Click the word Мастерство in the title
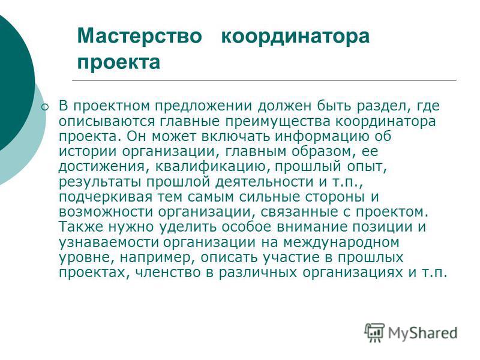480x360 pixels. click(x=140, y=35)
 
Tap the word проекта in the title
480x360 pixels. click(x=119, y=63)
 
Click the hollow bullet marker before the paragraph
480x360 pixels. click(x=45, y=107)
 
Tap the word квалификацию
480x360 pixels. click(x=212, y=167)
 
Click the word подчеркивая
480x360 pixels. click(x=106, y=197)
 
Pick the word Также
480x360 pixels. click(x=80, y=227)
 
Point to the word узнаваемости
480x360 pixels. click(x=109, y=243)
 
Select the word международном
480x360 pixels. click(x=341, y=243)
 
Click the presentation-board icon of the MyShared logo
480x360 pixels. click(x=374, y=332)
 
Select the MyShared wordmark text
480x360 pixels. click(x=422, y=333)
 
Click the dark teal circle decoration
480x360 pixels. click(x=12, y=83)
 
